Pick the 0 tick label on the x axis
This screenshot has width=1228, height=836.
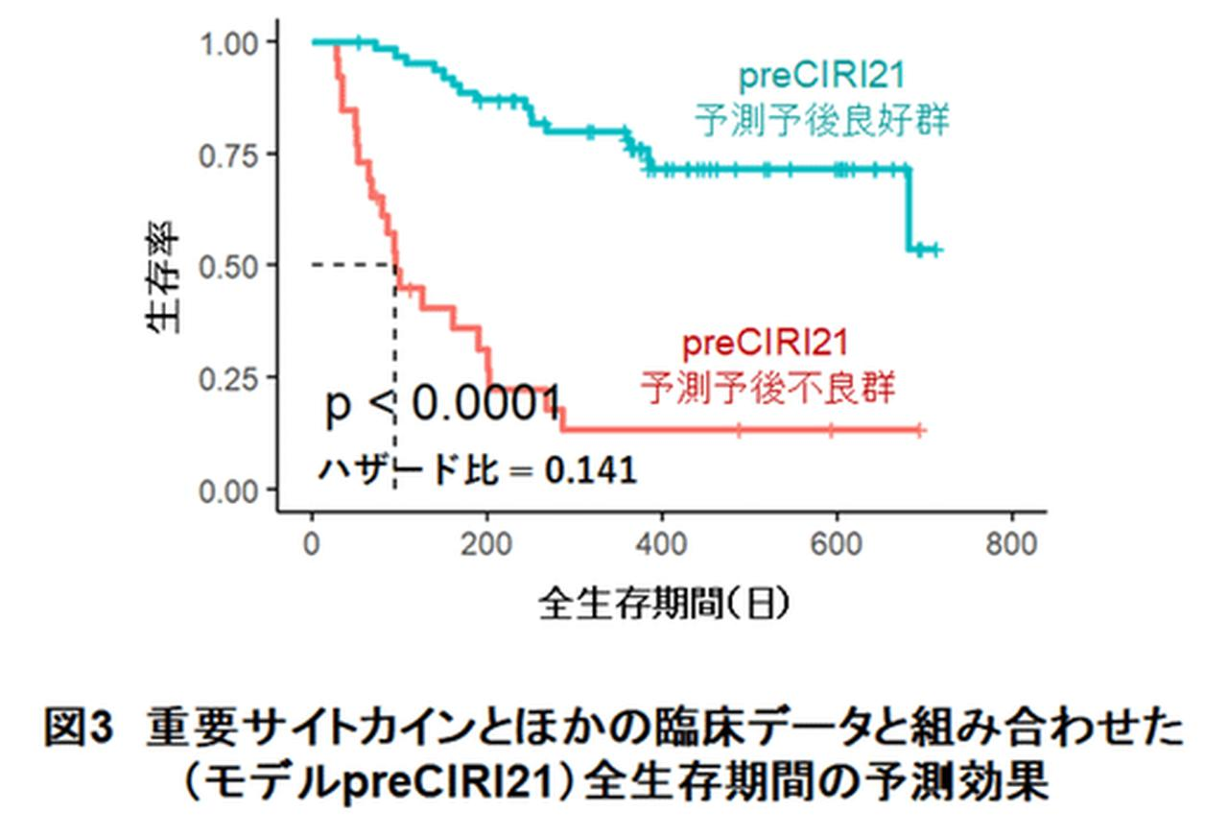pos(312,544)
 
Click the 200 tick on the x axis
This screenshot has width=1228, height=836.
pos(486,544)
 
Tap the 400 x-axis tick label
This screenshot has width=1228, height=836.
pos(661,544)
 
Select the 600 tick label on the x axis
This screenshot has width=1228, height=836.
pos(837,544)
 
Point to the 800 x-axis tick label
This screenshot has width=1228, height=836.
pos(1011,544)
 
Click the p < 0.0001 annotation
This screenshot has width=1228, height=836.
pos(442,407)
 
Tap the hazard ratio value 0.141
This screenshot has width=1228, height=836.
pos(590,470)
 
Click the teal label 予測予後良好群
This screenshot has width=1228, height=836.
pos(821,121)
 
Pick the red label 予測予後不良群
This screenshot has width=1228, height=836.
pos(767,389)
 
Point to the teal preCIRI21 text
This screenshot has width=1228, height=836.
pos(822,74)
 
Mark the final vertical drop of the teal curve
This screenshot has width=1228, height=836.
pos(908,211)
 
